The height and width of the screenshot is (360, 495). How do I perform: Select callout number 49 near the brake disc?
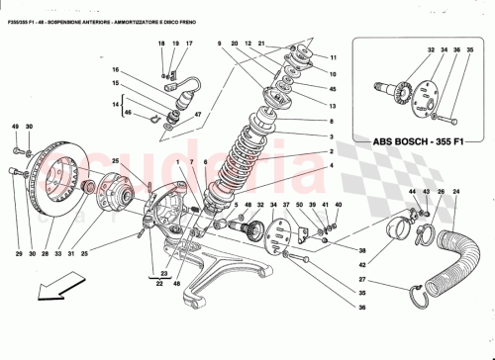point(16,128)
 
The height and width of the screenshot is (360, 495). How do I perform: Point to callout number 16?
point(115,70)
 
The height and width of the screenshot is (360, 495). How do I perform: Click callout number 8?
point(334,122)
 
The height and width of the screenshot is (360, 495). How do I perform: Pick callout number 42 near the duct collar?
point(362,265)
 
